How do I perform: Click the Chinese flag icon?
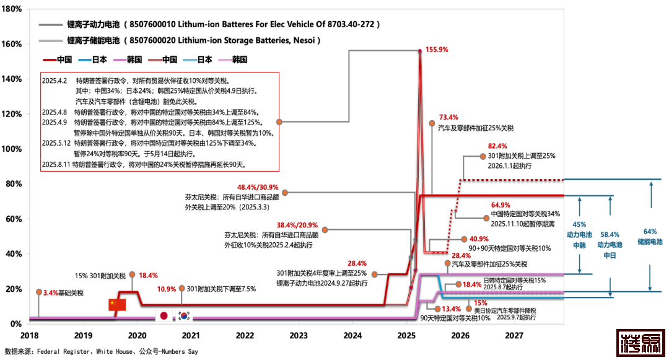[117, 305]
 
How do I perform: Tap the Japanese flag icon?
[164, 315]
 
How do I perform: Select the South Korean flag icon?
[184, 315]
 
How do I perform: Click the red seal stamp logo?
[641, 343]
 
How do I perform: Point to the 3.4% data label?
[51, 292]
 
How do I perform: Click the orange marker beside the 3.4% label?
[39, 292]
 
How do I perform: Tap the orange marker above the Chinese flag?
[132, 274]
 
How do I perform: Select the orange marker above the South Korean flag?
[181, 288]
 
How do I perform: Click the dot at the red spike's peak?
[420, 51]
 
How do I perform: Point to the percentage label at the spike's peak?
[437, 50]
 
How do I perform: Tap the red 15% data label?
[481, 303]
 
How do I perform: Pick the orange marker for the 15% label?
[469, 308]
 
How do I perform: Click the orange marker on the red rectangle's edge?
[279, 122]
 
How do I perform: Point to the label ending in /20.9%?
[297, 225]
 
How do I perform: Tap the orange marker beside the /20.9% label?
[325, 230]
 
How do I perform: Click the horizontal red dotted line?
[514, 180]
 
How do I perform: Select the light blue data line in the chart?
[527, 298]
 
